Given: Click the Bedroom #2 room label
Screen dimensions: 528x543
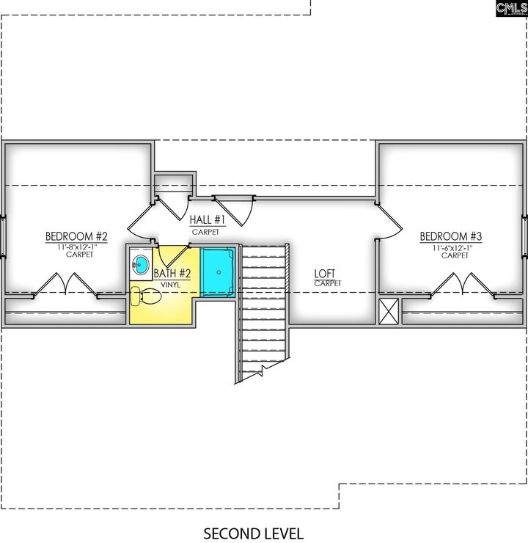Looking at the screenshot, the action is click(76, 236).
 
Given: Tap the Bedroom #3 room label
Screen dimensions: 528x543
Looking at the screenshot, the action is click(450, 236).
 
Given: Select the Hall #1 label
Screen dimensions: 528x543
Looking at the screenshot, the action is click(208, 219).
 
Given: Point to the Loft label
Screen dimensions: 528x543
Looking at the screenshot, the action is click(325, 274).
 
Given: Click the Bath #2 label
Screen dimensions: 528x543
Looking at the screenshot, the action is click(172, 274).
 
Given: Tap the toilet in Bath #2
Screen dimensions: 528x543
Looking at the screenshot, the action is click(146, 296).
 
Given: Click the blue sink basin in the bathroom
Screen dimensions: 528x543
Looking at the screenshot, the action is click(141, 264).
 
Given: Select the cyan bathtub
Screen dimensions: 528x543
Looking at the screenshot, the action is click(218, 272).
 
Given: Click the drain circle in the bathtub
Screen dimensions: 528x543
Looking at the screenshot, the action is click(219, 272).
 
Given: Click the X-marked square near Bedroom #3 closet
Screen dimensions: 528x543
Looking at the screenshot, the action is click(389, 312).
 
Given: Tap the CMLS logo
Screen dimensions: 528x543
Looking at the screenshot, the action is click(512, 8).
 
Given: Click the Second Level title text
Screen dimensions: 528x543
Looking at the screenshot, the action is click(253, 533).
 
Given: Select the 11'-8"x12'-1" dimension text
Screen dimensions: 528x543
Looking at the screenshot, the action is click(78, 247).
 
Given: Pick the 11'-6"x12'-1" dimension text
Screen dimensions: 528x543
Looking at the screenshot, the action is click(452, 248).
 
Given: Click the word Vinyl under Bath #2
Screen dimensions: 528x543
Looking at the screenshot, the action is click(170, 285).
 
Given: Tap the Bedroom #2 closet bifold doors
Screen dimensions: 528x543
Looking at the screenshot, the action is click(65, 285).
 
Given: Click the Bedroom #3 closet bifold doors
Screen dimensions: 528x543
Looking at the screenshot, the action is click(462, 285).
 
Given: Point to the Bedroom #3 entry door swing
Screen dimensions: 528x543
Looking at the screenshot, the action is click(389, 222).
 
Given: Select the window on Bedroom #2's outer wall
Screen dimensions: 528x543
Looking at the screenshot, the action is click(3, 236).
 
